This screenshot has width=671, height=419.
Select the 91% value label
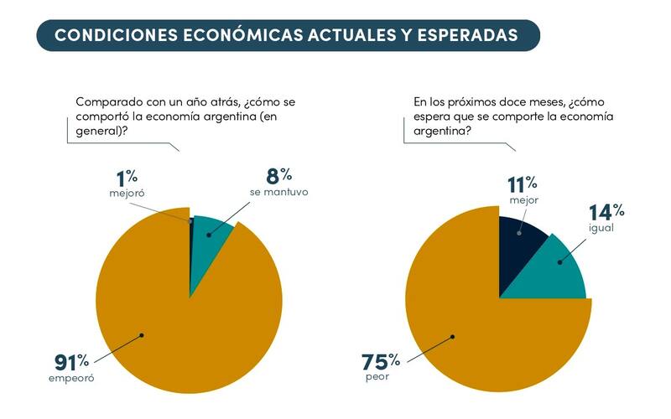[71, 362]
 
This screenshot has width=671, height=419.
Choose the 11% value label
[522, 185]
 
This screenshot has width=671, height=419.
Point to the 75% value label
[380, 362]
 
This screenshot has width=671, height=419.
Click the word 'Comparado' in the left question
[107, 101]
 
